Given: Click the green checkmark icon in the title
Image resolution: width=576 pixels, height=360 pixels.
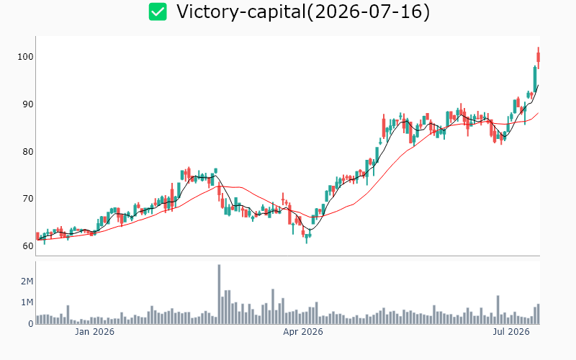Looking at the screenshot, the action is [158, 12].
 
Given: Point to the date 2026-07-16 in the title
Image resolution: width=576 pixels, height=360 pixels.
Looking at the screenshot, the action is [368, 12].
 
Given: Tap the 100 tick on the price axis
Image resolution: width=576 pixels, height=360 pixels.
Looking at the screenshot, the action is [25, 57].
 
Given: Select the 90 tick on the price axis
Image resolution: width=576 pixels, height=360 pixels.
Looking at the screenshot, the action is [28, 104].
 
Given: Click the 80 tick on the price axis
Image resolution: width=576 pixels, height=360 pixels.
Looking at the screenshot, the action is [28, 152].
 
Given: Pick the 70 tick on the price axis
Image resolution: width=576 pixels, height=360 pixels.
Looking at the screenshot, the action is [28, 199].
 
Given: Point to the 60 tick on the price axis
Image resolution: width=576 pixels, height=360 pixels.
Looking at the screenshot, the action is [28, 246].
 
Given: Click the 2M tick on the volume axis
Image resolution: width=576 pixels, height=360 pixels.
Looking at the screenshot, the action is [27, 282].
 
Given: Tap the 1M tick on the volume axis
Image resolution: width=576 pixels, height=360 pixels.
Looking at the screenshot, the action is [27, 302].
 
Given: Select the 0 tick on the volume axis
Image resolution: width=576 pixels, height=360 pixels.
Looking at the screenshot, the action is [31, 323].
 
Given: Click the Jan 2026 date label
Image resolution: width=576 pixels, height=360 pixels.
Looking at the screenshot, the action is [94, 332].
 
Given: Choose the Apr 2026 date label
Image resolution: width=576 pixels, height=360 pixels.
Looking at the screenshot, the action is [303, 332].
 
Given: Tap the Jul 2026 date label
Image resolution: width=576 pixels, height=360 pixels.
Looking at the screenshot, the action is [511, 332].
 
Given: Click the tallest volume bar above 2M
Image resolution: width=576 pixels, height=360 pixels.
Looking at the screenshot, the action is [220, 294].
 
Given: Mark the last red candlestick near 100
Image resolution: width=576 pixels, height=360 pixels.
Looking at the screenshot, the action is [538, 58].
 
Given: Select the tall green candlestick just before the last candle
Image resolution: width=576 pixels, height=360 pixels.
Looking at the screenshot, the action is [535, 79].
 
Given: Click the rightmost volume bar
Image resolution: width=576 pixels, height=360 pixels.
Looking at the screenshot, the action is [538, 314].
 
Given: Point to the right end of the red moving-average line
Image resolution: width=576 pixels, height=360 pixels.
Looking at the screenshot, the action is [538, 113].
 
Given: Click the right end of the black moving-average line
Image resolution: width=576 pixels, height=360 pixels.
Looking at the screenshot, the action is [538, 85].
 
